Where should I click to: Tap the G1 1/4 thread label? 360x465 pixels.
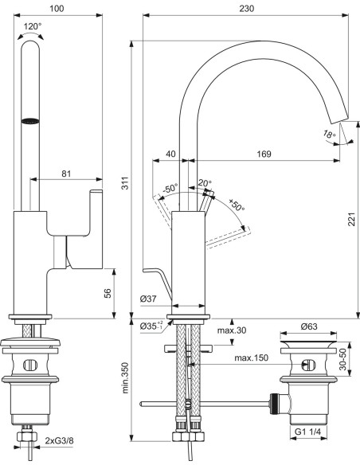307,432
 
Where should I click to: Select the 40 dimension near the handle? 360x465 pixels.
170,153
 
